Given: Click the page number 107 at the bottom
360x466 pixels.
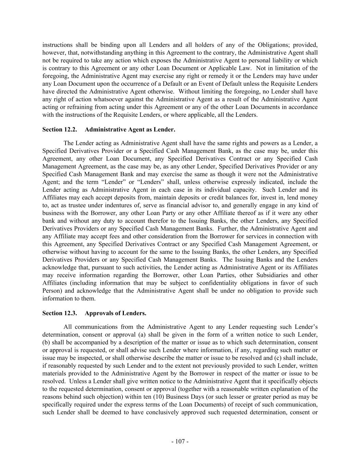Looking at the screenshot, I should [180, 441].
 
